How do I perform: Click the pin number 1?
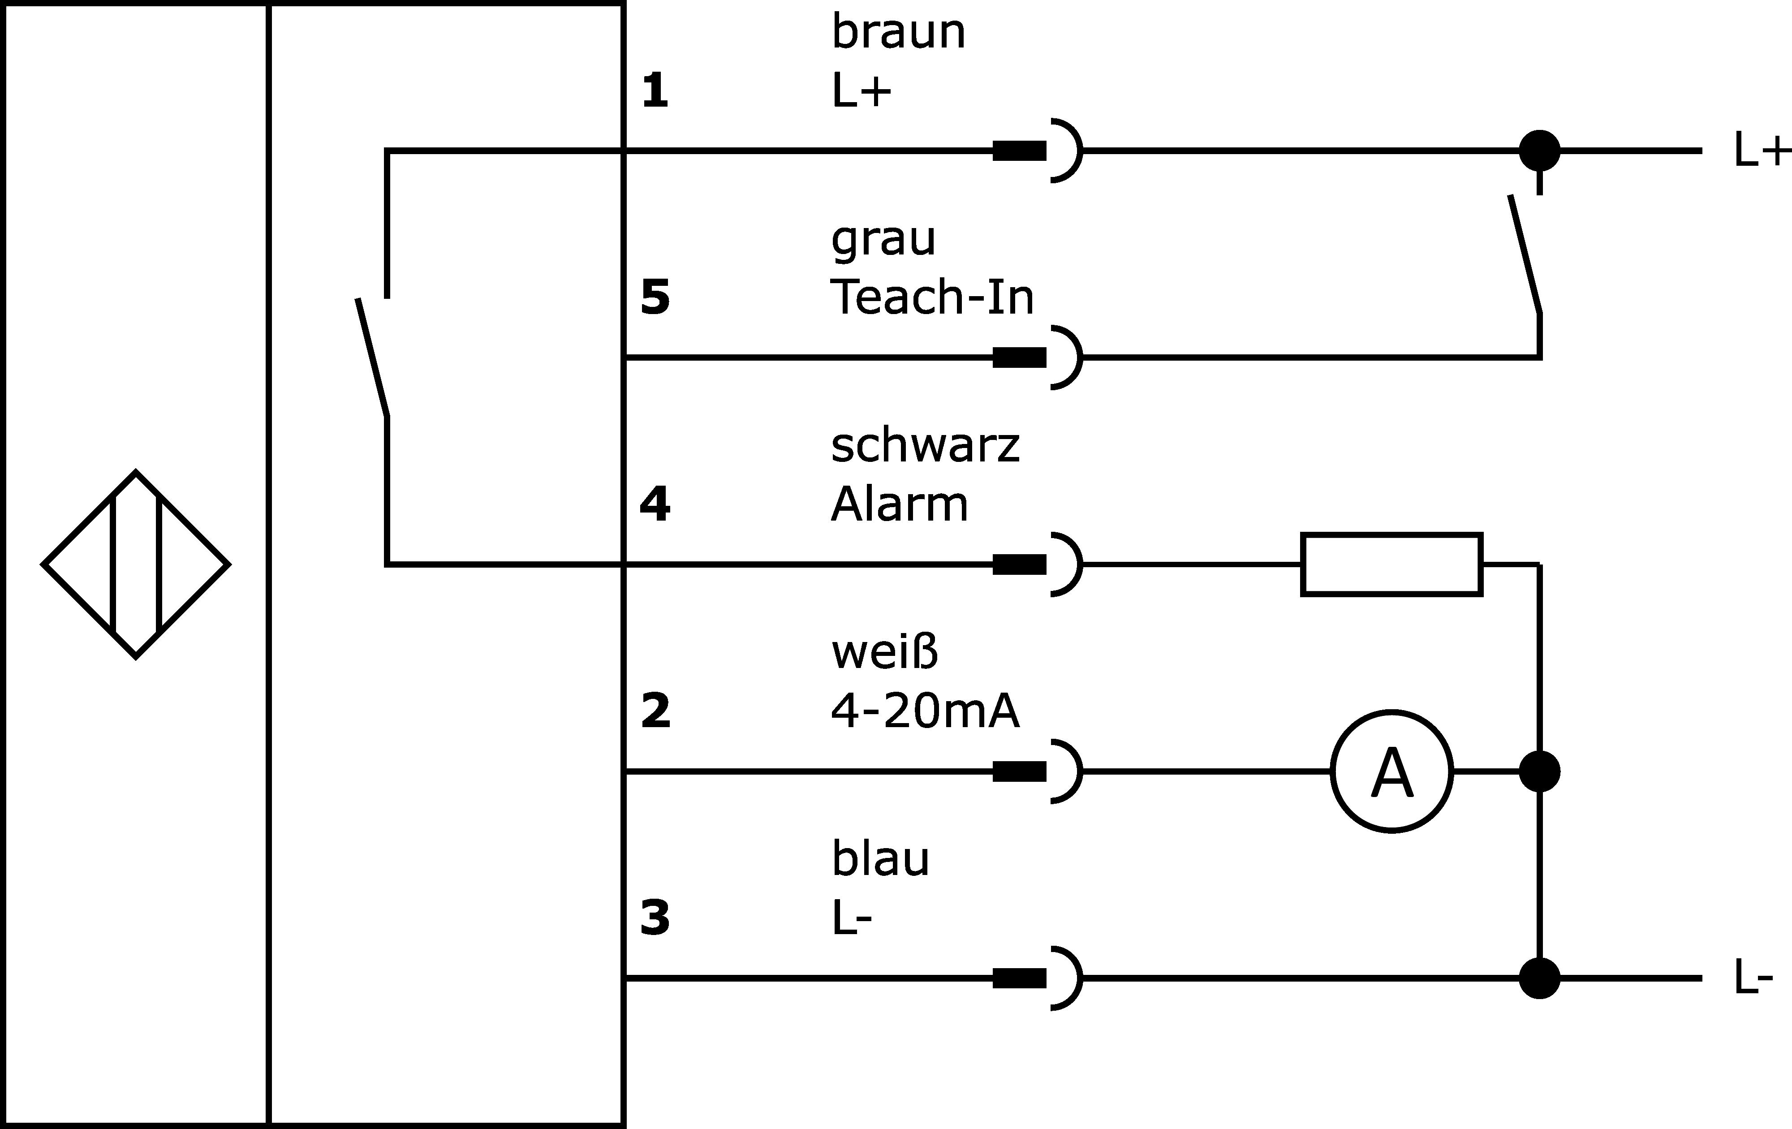pos(655,91)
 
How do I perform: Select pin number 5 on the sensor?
pos(655,297)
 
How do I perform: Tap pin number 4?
pos(655,504)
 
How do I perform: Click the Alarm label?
pos(899,504)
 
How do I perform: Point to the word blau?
pos(880,858)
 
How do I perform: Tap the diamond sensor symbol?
pos(135,564)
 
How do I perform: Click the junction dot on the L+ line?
pos(1539,151)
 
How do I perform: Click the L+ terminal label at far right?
pos(1761,151)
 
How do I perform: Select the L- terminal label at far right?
pos(1753,977)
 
